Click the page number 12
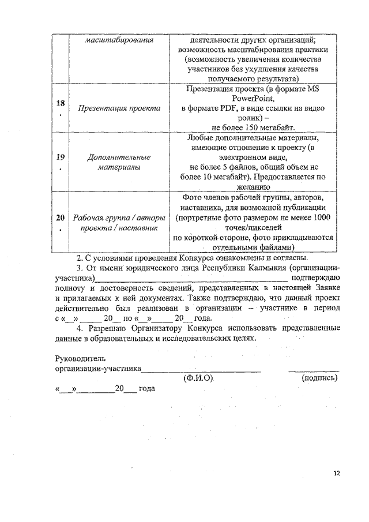point(337,474)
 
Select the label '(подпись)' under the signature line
point(319,378)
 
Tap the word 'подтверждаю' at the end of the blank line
point(316,279)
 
